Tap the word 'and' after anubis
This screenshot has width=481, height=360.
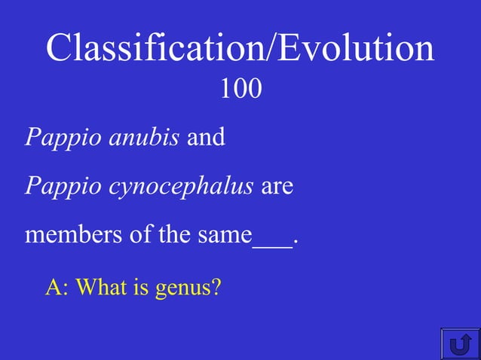click(x=206, y=139)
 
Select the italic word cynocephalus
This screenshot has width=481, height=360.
click(x=181, y=187)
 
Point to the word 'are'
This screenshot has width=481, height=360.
click(x=277, y=187)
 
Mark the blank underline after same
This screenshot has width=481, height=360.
click(x=272, y=243)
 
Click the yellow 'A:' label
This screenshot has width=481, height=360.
click(x=57, y=288)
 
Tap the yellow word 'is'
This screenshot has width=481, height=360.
click(x=141, y=288)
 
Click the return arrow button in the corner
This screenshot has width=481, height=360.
click(x=459, y=343)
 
